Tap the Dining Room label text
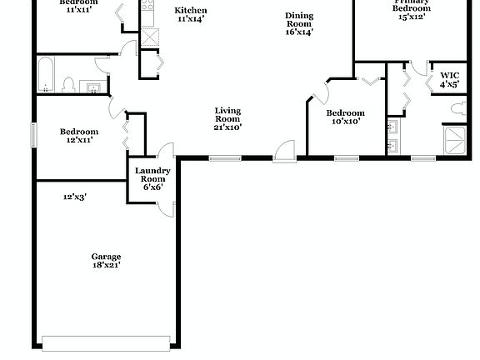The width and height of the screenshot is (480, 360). coord(298,23)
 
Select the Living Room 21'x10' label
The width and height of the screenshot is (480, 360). coord(227,118)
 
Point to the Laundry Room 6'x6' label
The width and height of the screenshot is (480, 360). coord(152,178)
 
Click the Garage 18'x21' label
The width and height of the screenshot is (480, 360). coord(107,260)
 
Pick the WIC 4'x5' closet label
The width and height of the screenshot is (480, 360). coord(449,80)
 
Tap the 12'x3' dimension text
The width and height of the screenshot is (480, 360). coord(75,197)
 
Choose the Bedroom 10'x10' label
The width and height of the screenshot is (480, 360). coord(344,117)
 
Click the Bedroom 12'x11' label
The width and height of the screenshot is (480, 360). coord(79,135)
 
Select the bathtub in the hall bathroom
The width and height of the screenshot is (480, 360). coord(47,75)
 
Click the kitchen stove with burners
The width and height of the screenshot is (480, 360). coord(147,11)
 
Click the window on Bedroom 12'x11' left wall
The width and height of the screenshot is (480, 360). coord(34,135)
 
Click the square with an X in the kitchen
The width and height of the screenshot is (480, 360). coord(151,37)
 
